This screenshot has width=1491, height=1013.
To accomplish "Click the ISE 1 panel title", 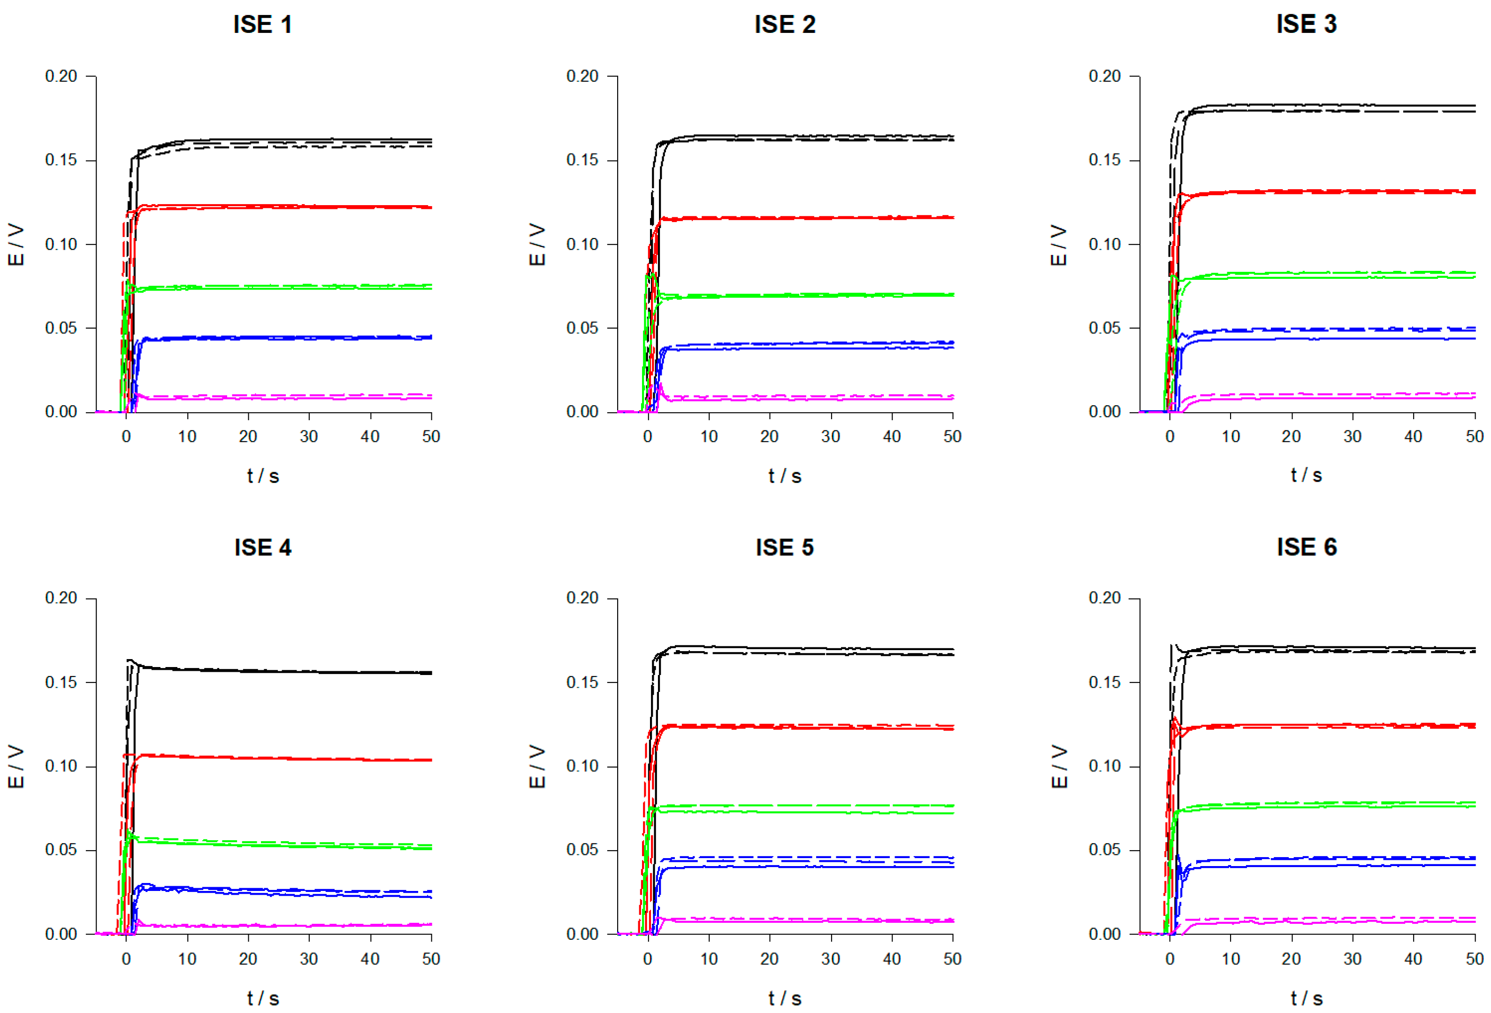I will tap(262, 25).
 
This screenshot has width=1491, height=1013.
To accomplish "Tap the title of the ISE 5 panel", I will tap(784, 547).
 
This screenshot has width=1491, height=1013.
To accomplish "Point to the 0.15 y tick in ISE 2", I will tap(582, 160).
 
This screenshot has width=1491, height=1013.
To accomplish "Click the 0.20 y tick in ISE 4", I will tap(61, 598).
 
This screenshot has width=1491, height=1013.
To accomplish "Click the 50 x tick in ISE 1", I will tap(430, 436).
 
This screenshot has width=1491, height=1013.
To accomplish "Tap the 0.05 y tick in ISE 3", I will tap(1104, 328).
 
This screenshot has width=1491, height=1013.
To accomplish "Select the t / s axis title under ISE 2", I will tap(784, 476).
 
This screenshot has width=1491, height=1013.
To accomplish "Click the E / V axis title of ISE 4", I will tap(16, 766).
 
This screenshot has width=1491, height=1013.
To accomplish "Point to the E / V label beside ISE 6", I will tap(1059, 766).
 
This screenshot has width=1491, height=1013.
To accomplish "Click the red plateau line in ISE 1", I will tap(289, 207).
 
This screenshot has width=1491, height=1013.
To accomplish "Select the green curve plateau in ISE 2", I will tap(802, 295).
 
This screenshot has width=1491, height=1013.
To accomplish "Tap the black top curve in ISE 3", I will tap(1315, 105).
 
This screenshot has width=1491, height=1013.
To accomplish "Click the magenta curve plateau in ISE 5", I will tap(802, 921).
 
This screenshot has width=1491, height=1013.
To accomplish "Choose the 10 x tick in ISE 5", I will tap(708, 959).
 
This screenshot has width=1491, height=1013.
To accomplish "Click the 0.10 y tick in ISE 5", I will tap(582, 766).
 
